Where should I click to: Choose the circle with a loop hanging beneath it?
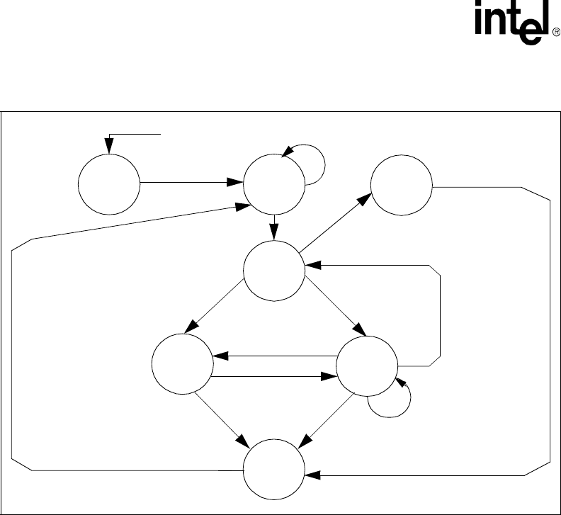pyautogui.click(x=366, y=368)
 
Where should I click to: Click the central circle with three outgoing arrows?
pyautogui.click(x=274, y=268)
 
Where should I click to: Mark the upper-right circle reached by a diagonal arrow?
pyautogui.click(x=401, y=186)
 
